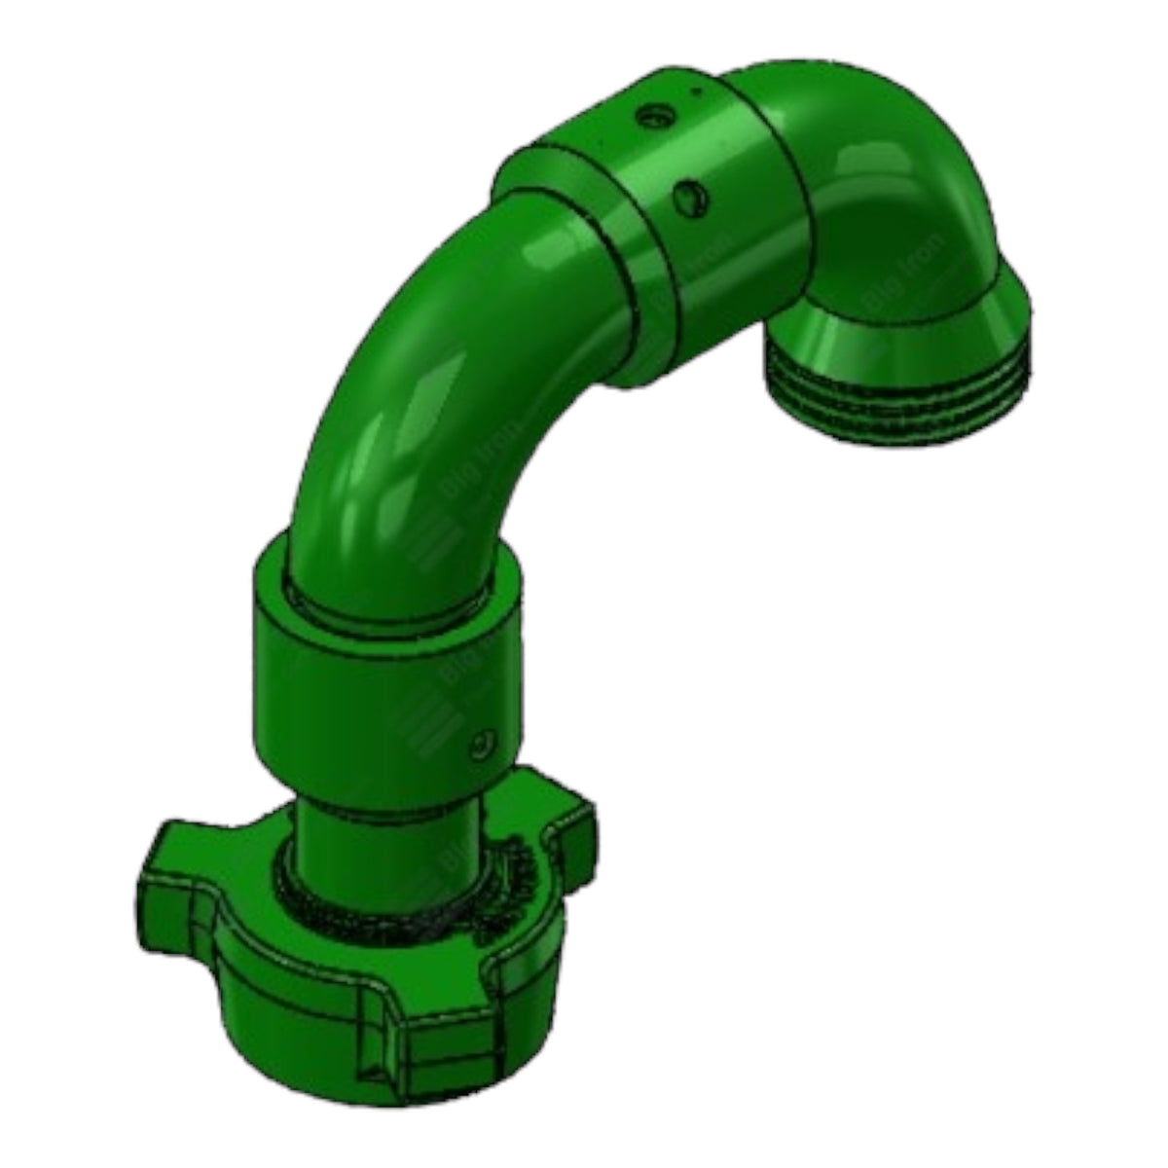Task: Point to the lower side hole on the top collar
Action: click(x=687, y=198)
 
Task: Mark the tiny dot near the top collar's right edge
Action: click(x=695, y=92)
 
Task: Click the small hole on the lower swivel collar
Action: click(x=478, y=746)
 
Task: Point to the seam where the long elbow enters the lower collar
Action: click(x=389, y=608)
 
